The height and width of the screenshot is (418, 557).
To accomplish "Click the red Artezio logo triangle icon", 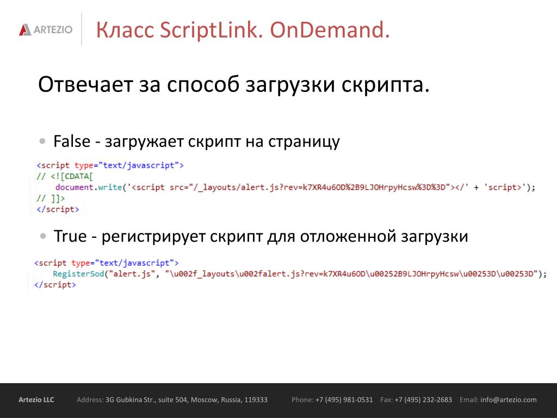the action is tap(25, 29).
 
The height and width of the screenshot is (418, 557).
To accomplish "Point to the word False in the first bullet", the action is tap(72, 141).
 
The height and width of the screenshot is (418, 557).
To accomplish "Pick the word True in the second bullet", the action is tap(70, 236).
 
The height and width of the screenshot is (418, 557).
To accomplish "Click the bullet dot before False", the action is tap(42, 141).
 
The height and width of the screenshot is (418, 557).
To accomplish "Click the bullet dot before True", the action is tap(44, 236).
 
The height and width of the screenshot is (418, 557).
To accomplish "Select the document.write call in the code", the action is tap(89, 187).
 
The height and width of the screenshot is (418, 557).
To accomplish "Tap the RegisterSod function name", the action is tap(78, 274).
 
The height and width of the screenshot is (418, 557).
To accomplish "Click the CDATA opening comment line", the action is tap(64, 176).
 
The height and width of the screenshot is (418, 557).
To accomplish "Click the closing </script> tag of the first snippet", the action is tap(58, 210).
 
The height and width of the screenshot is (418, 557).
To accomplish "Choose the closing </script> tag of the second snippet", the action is tap(55, 285).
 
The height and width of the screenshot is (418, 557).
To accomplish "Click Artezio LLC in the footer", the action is tap(36, 399).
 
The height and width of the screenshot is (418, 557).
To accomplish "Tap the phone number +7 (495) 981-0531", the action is tap(344, 399).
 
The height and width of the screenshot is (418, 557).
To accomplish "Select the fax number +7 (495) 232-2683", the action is tap(423, 399).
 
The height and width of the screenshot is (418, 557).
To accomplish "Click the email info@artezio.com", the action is tap(509, 399).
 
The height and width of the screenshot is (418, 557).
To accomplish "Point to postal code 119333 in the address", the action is tap(256, 399).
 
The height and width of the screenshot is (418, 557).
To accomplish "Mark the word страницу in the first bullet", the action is tap(304, 142).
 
